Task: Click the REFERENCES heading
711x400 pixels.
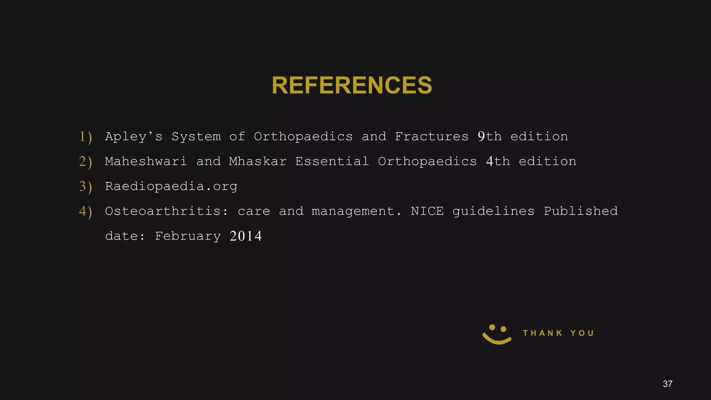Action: (x=352, y=85)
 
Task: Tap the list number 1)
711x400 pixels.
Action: (x=85, y=137)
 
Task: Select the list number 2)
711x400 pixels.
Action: (x=85, y=162)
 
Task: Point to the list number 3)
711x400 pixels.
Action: (x=85, y=187)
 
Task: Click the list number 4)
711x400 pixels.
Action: (x=85, y=211)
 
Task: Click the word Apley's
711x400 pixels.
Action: (x=134, y=136)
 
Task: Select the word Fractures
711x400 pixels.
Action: (x=432, y=136)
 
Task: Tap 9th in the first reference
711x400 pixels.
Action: (x=490, y=136)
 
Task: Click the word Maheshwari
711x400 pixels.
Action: (x=146, y=161)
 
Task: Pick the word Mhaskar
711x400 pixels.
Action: (x=258, y=161)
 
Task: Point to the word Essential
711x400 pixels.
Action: (x=332, y=161)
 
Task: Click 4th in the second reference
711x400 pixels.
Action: (x=498, y=161)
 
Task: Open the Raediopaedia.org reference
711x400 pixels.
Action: (x=171, y=186)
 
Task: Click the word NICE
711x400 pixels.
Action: (x=427, y=211)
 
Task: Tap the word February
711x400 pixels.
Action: (x=188, y=236)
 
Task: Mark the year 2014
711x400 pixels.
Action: (x=245, y=236)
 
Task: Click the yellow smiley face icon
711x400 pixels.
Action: (x=497, y=334)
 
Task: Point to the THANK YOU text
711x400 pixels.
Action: (x=558, y=333)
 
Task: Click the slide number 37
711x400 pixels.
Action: (x=667, y=384)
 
